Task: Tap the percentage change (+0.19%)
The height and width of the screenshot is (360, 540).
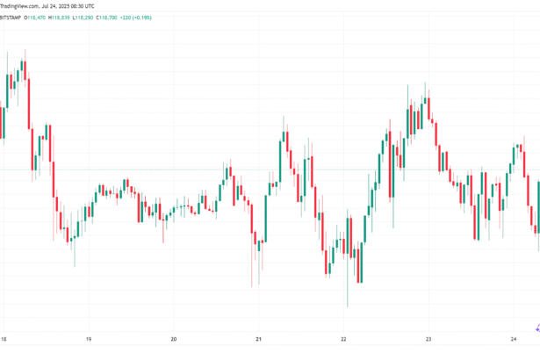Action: point(168,17)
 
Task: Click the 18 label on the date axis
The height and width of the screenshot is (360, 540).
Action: point(4,338)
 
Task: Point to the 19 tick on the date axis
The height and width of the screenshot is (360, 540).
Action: point(89,338)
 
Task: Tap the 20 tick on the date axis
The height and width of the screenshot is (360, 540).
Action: point(174,338)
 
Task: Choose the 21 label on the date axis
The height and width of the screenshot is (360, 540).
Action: point(259,338)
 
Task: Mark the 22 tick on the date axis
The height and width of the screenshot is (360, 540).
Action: point(344,338)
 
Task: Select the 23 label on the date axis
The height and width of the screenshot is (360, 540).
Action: point(428,338)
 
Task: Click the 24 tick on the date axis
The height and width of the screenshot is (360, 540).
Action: point(514,338)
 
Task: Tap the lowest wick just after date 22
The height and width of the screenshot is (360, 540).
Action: point(348,305)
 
